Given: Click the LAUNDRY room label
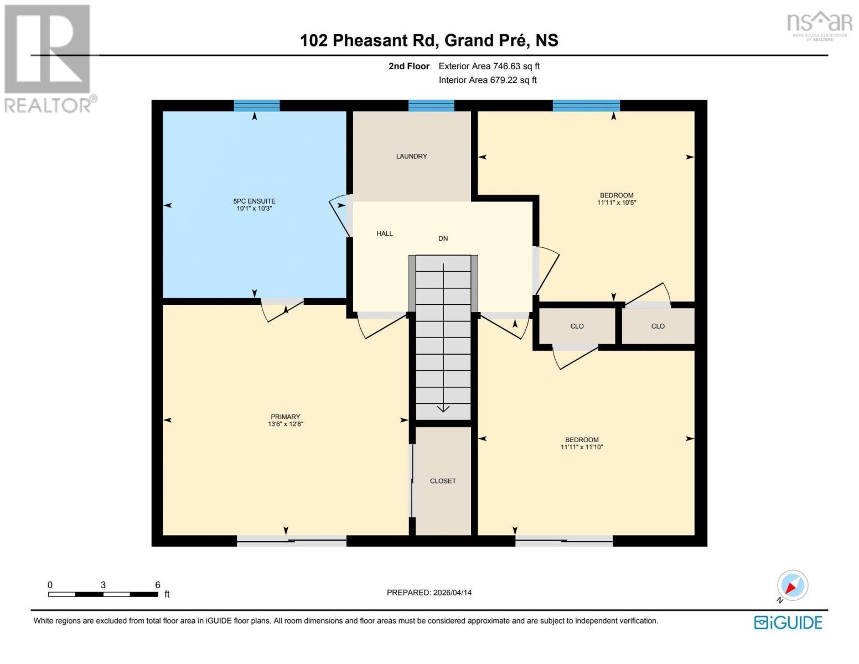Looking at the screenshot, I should (411, 157).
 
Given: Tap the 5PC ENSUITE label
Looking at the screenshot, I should (254, 201).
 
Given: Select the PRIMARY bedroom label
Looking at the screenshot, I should (285, 417).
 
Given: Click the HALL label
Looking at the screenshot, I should (385, 234).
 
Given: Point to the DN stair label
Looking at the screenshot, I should (443, 238).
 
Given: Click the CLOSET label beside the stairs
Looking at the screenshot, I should (443, 481).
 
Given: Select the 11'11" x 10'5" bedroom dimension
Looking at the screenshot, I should (617, 203).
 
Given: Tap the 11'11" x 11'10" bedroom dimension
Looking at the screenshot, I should (581, 447).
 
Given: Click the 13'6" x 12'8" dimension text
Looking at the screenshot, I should (285, 424).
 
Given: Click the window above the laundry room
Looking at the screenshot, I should (431, 106).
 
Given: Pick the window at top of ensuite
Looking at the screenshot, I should (256, 106).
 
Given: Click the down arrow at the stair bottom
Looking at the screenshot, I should (443, 408).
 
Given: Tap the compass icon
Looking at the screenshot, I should (792, 585).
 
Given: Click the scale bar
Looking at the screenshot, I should (103, 594).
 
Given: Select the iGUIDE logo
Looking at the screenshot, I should (788, 622).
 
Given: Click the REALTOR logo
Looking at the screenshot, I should (48, 58).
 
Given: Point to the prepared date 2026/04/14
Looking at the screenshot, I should (429, 593).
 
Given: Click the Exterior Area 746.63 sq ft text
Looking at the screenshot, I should (489, 66).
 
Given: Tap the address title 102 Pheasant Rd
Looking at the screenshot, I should (429, 40).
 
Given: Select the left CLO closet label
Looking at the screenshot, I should (577, 326).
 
